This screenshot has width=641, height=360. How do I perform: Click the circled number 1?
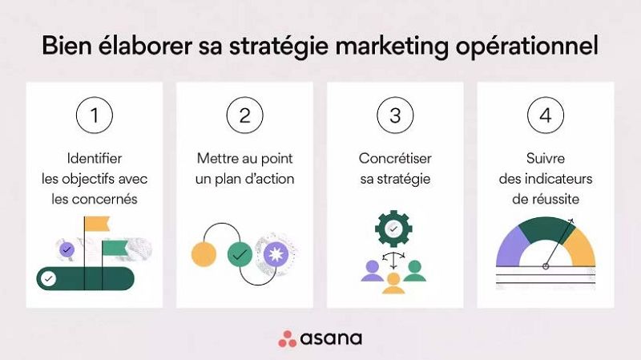pyautogui.click(x=95, y=115)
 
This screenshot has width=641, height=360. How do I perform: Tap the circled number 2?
pyautogui.click(x=245, y=115)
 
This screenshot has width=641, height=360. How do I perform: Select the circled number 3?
pyautogui.click(x=395, y=115)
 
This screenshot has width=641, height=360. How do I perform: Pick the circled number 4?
pyautogui.click(x=546, y=115)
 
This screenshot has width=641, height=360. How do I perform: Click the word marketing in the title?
pyautogui.click(x=392, y=46)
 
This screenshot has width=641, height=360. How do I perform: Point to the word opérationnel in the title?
pyautogui.click(x=527, y=47)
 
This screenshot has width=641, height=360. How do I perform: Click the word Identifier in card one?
pyautogui.click(x=95, y=158)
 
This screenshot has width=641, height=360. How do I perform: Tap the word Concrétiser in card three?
pyautogui.click(x=395, y=158)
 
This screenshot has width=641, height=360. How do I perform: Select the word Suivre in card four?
pyautogui.click(x=546, y=158)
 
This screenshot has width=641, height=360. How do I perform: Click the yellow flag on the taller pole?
pyautogui.click(x=97, y=224)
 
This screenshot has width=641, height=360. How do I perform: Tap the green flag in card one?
pyautogui.click(x=114, y=248)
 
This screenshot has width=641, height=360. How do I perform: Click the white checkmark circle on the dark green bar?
pyautogui.click(x=49, y=279)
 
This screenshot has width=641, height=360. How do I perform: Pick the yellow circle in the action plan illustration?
pyautogui.click(x=204, y=254)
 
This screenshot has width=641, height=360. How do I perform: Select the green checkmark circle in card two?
pyautogui.click(x=240, y=254)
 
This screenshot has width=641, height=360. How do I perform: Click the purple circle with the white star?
pyautogui.click(x=276, y=254)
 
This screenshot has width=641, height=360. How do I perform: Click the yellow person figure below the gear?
pyautogui.click(x=393, y=284)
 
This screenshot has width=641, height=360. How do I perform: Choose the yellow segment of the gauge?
pyautogui.click(x=582, y=249)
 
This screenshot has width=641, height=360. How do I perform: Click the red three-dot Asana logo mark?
pyautogui.click(x=288, y=339)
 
